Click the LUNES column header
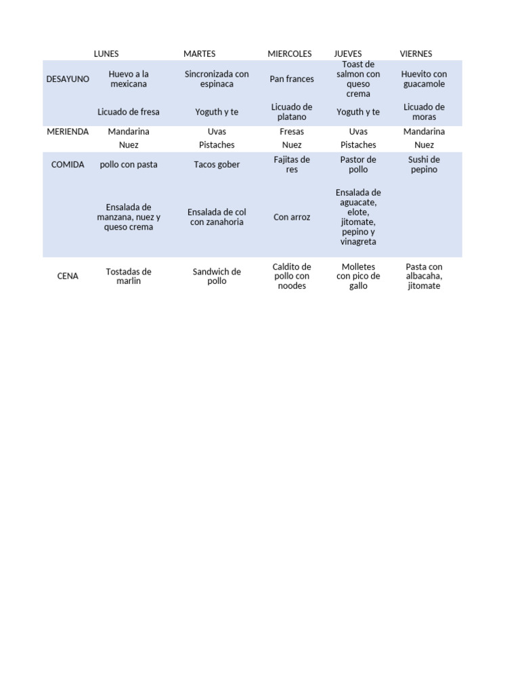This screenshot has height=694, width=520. pyautogui.click(x=106, y=54)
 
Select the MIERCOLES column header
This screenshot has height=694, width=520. pyautogui.click(x=290, y=54)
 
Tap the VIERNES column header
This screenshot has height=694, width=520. pyautogui.click(x=416, y=54)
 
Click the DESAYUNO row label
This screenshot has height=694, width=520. pyautogui.click(x=68, y=79)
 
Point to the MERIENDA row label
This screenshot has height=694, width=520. pyautogui.click(x=68, y=131)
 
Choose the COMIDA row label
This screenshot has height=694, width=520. pyautogui.click(x=68, y=165)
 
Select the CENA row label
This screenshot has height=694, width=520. pyautogui.click(x=68, y=276)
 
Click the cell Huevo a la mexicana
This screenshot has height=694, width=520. pyautogui.click(x=129, y=79)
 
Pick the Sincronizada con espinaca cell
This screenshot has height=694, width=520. pyautogui.click(x=217, y=79)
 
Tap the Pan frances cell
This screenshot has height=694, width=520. pyautogui.click(x=292, y=79)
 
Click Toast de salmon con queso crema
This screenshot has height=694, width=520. pyautogui.click(x=358, y=79)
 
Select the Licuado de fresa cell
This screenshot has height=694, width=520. pyautogui.click(x=129, y=112)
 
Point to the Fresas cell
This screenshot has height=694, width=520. pyautogui.click(x=292, y=131)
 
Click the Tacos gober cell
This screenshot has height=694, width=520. pyautogui.click(x=217, y=165)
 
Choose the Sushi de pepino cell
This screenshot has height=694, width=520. pyautogui.click(x=424, y=165)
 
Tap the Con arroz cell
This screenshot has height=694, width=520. pyautogui.click(x=292, y=218)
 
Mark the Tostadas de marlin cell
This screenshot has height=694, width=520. pyautogui.click(x=129, y=276)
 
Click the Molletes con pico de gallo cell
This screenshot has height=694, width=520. pyautogui.click(x=358, y=276)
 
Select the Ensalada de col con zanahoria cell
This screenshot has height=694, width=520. pyautogui.click(x=217, y=217)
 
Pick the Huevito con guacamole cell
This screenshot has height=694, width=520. pyautogui.click(x=424, y=79)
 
